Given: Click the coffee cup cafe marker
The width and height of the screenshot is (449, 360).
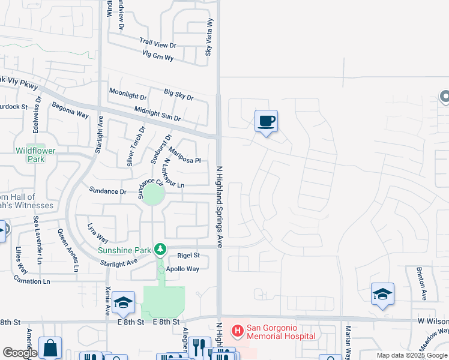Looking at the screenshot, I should pyautogui.click(x=266, y=122).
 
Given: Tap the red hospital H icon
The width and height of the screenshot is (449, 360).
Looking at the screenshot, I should pyautogui.click(x=238, y=330).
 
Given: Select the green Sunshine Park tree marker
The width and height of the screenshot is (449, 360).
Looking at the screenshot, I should pyautogui.click(x=160, y=248).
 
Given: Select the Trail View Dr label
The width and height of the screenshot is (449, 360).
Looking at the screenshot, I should pyautogui.click(x=157, y=44).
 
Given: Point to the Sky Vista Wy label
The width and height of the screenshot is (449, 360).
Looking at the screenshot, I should pyautogui.click(x=209, y=37).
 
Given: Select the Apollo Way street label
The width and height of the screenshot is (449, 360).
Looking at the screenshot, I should pyautogui.click(x=182, y=269).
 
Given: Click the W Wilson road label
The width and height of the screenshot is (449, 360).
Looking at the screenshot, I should pyautogui.click(x=433, y=321).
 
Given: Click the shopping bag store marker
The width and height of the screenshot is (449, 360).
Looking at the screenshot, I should pyautogui.click(x=50, y=347).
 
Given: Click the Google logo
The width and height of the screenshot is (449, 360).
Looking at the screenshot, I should pyautogui.click(x=20, y=353).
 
